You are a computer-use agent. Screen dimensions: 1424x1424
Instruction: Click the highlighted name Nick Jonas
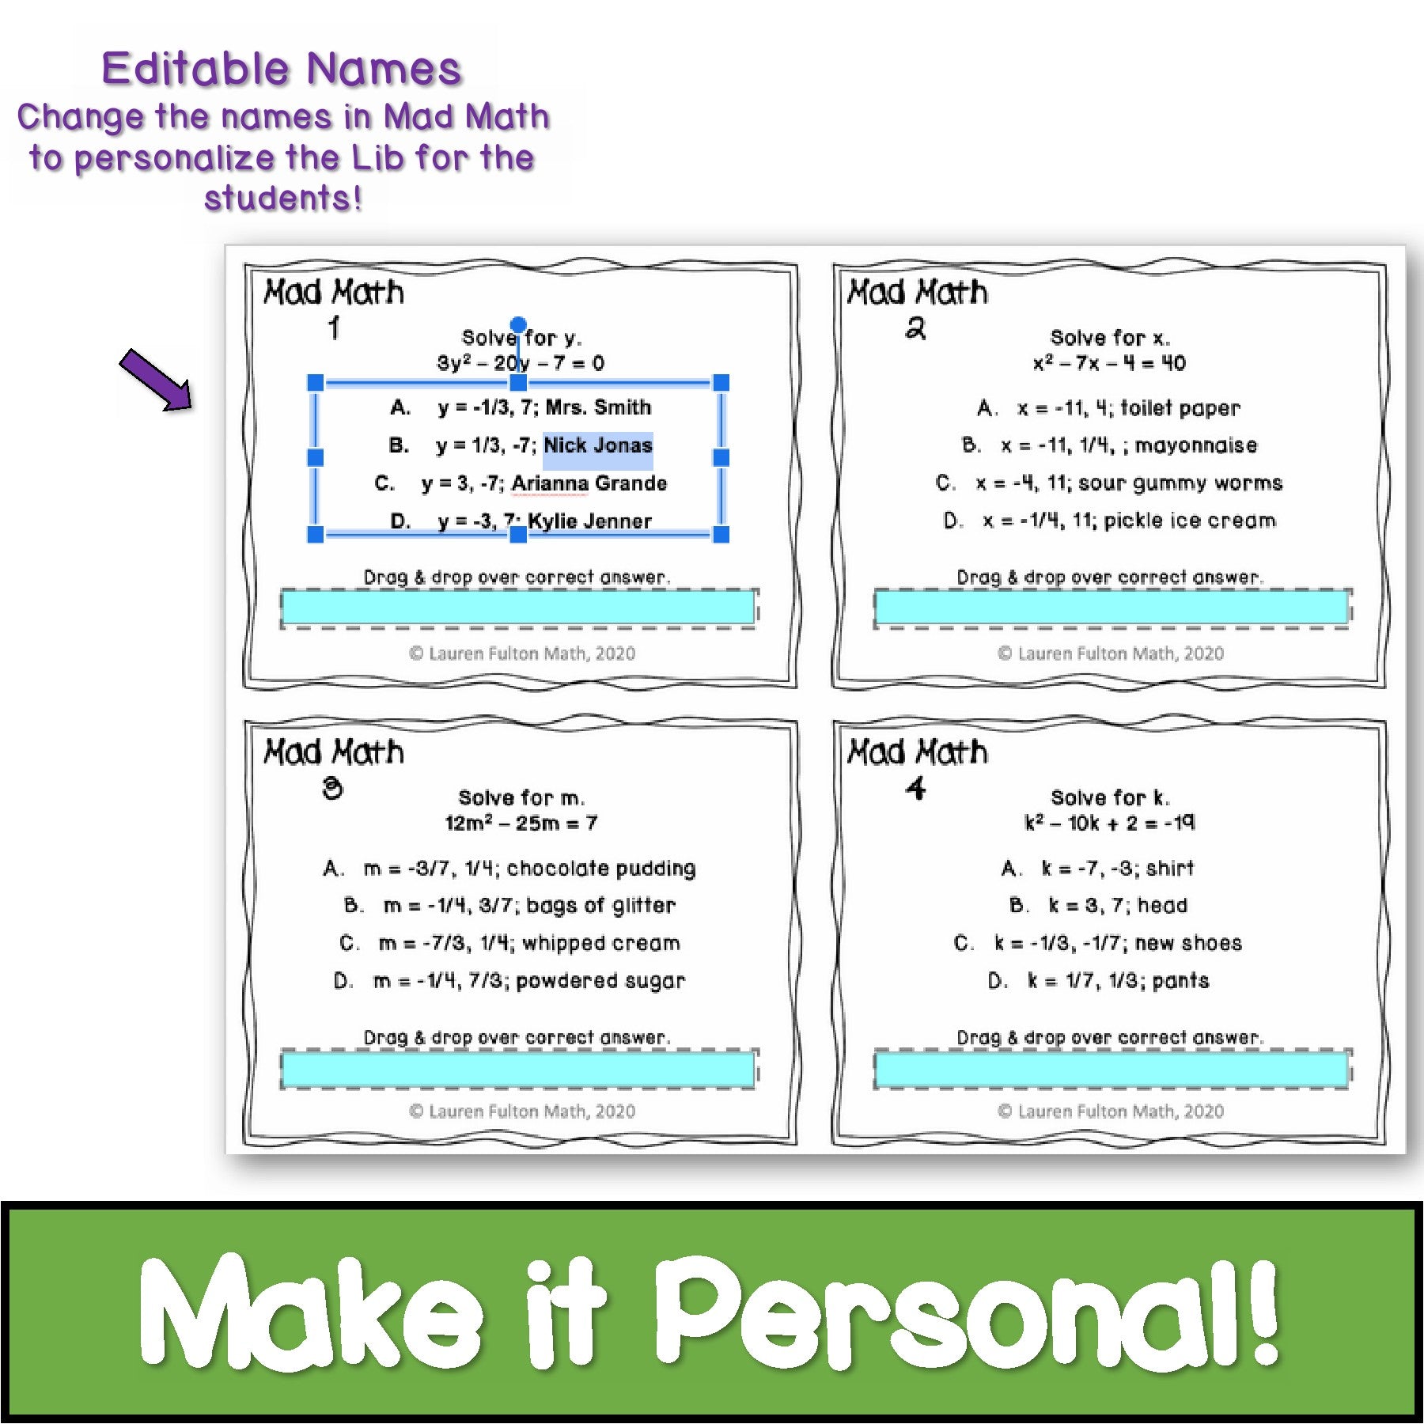[598, 445]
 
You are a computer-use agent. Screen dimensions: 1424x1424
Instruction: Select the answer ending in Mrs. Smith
[521, 407]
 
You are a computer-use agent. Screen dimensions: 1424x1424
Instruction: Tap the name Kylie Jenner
[590, 521]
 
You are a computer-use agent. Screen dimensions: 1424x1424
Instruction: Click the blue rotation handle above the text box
[518, 324]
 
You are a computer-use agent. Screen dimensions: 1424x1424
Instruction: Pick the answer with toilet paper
[1108, 408]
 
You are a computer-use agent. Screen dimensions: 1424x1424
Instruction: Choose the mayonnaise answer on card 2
[1109, 445]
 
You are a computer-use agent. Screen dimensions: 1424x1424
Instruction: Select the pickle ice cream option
[1109, 521]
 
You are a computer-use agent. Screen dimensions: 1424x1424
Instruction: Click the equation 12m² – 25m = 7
[521, 823]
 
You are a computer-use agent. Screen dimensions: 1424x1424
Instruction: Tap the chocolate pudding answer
[509, 869]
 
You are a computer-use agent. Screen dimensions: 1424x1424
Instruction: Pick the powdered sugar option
[509, 981]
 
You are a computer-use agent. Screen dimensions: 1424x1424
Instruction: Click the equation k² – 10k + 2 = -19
[1110, 823]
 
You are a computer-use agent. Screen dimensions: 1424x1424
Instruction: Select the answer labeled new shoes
[1098, 943]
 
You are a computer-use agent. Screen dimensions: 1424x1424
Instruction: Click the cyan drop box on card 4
[1112, 1070]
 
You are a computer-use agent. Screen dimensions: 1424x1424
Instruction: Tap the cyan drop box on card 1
[518, 608]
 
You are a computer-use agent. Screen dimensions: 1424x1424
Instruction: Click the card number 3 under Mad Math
[333, 788]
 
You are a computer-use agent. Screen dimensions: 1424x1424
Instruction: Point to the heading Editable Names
[282, 69]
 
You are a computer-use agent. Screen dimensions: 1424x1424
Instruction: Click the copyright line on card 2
[1111, 653]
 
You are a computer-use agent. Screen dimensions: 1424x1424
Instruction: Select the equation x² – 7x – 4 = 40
[1109, 363]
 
